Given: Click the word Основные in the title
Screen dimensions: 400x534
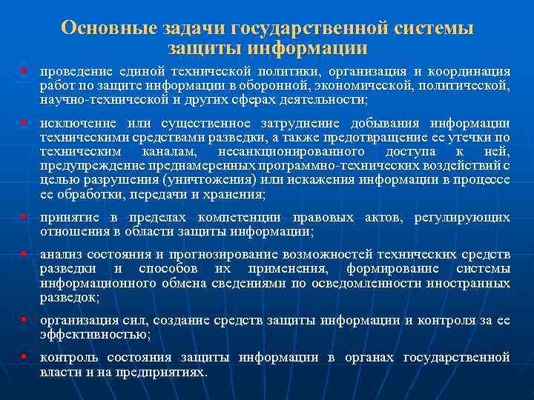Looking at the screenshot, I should point(107,28).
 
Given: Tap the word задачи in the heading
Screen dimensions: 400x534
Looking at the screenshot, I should point(190,28).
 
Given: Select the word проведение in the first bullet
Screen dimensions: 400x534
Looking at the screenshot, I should point(74,71).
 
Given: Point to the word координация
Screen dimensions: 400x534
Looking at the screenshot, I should point(468,71).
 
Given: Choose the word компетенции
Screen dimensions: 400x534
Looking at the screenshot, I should point(244,218).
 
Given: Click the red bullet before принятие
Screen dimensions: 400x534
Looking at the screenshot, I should point(24,218).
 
